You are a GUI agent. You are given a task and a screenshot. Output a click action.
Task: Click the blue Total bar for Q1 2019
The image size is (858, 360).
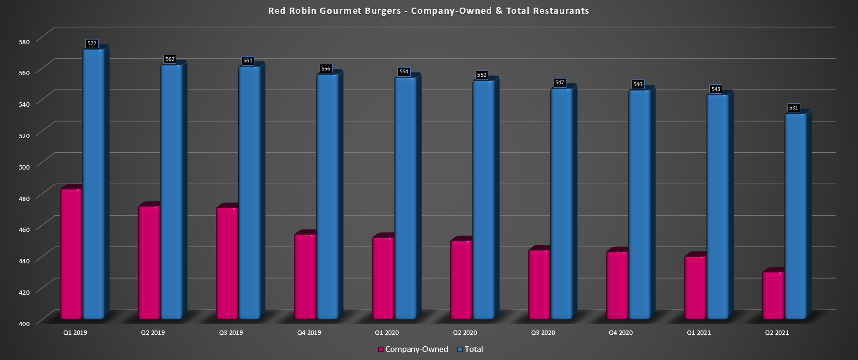point(93,183)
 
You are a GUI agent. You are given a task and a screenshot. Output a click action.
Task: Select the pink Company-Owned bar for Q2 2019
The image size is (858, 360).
point(149,262)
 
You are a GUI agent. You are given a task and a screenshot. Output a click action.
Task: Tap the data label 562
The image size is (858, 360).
point(170,60)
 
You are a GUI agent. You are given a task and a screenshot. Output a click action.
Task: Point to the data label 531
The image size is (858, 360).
point(793,108)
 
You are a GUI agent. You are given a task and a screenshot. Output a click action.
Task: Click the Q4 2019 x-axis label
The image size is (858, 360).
point(309,333)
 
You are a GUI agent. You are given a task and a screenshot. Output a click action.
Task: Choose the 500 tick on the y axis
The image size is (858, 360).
point(23,166)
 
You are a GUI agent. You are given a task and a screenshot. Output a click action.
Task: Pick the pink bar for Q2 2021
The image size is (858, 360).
point(773,295)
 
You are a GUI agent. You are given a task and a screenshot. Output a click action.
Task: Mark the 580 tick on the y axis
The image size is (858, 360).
point(23,41)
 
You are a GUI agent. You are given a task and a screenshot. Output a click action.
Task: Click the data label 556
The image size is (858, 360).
point(326,69)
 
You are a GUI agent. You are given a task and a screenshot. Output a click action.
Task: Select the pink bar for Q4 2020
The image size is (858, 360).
point(617,285)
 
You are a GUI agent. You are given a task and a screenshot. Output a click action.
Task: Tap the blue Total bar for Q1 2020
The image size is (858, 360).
point(405,198)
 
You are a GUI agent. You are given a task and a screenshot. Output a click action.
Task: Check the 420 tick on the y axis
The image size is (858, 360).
point(23,292)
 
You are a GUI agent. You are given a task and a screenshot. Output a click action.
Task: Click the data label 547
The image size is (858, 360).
point(559,83)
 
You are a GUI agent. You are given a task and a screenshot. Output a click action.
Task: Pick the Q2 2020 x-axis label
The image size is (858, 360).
point(465,333)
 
